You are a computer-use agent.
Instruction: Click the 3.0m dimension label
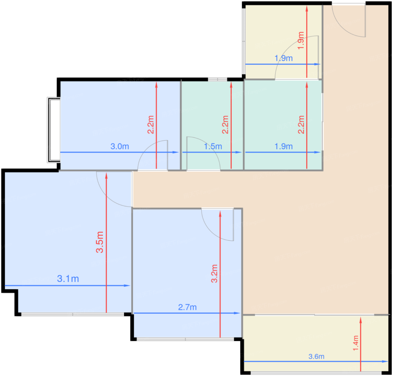point(120,146)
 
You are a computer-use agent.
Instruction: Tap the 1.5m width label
point(213,147)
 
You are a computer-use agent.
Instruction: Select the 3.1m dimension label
point(68,279)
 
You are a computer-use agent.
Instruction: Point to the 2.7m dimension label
point(187,307)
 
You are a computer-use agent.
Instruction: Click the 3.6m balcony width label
point(316,356)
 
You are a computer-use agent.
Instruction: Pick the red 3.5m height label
point(100,242)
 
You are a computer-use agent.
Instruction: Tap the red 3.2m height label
point(214,273)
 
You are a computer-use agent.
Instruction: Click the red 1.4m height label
point(356,343)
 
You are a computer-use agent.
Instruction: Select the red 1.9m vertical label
point(301,40)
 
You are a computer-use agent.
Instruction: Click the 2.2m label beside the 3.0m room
point(151,125)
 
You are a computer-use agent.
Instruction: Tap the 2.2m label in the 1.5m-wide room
point(225,125)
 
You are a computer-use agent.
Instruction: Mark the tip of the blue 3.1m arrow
point(130,286)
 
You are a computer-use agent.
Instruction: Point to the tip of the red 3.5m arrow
point(106,173)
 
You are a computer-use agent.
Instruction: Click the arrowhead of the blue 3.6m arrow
point(388,361)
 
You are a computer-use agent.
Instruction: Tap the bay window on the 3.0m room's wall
point(54,130)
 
